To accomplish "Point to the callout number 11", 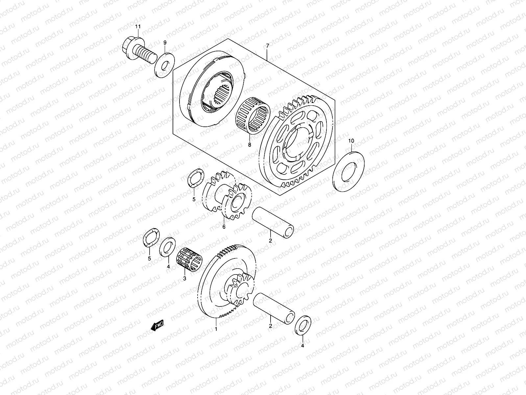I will pyautogui.click(x=138, y=26).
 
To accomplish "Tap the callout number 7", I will pyautogui.click(x=267, y=45).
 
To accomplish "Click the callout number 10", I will pyautogui.click(x=351, y=141).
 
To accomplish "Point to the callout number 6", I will pyautogui.click(x=224, y=227).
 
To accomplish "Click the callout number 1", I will pyautogui.click(x=216, y=329).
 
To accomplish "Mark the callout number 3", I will pyautogui.click(x=184, y=278).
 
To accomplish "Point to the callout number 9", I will pyautogui.click(x=165, y=42).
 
